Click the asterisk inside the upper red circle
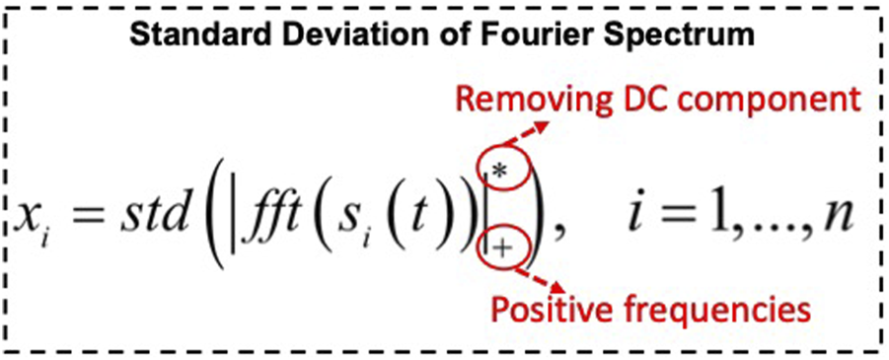pyautogui.click(x=500, y=171)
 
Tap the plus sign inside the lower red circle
pyautogui.click(x=501, y=250)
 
